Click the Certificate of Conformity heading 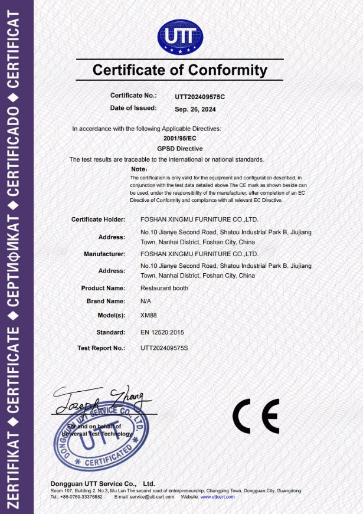pyautogui.click(x=180, y=71)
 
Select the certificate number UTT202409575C pyautogui.click(x=200, y=96)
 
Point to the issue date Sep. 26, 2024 pyautogui.click(x=195, y=109)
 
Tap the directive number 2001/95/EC pyautogui.click(x=180, y=137)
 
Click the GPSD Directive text pyautogui.click(x=180, y=148)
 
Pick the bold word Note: pyautogui.click(x=140, y=169)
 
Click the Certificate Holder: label pyautogui.click(x=99, y=220)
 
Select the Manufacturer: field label pyautogui.click(x=104, y=254)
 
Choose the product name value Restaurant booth pyautogui.click(x=164, y=288)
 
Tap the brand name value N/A pyautogui.click(x=146, y=302)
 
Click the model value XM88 pyautogui.click(x=149, y=315)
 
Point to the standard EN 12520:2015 pyautogui.click(x=166, y=333)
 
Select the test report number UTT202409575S pyautogui.click(x=164, y=348)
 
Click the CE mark pyautogui.click(x=256, y=416)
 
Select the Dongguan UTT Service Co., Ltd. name pyautogui.click(x=103, y=484)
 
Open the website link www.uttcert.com pyautogui.click(x=217, y=497)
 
